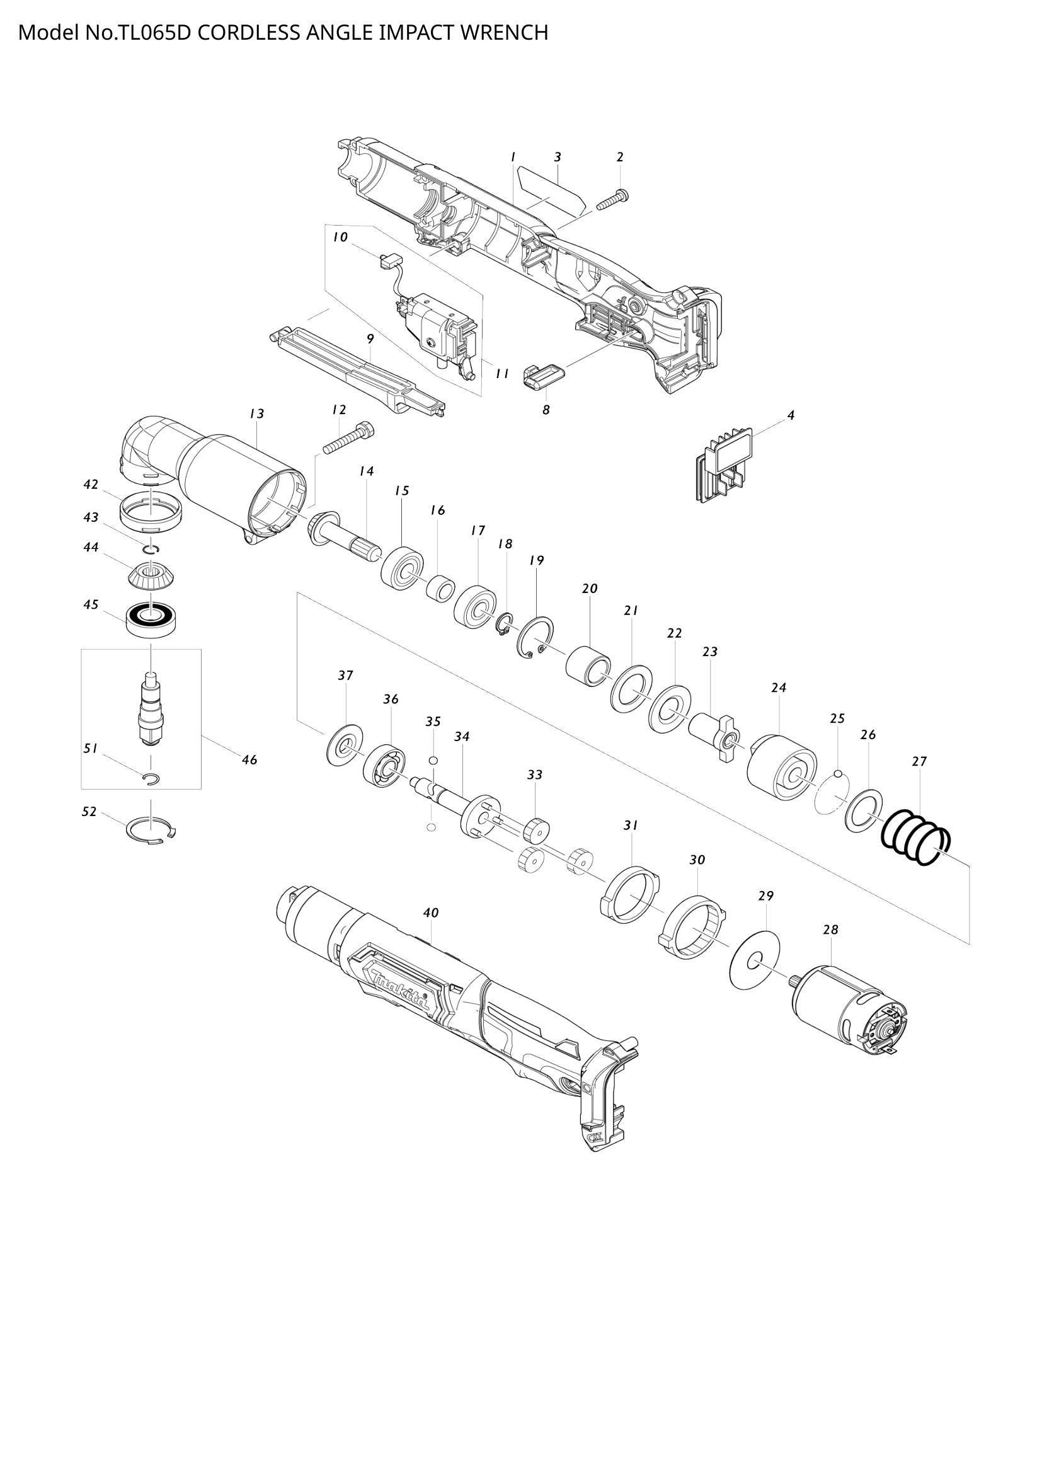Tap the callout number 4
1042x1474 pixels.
[x=791, y=416]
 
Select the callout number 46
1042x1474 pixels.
[x=249, y=760]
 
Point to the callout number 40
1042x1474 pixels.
[x=430, y=913]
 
